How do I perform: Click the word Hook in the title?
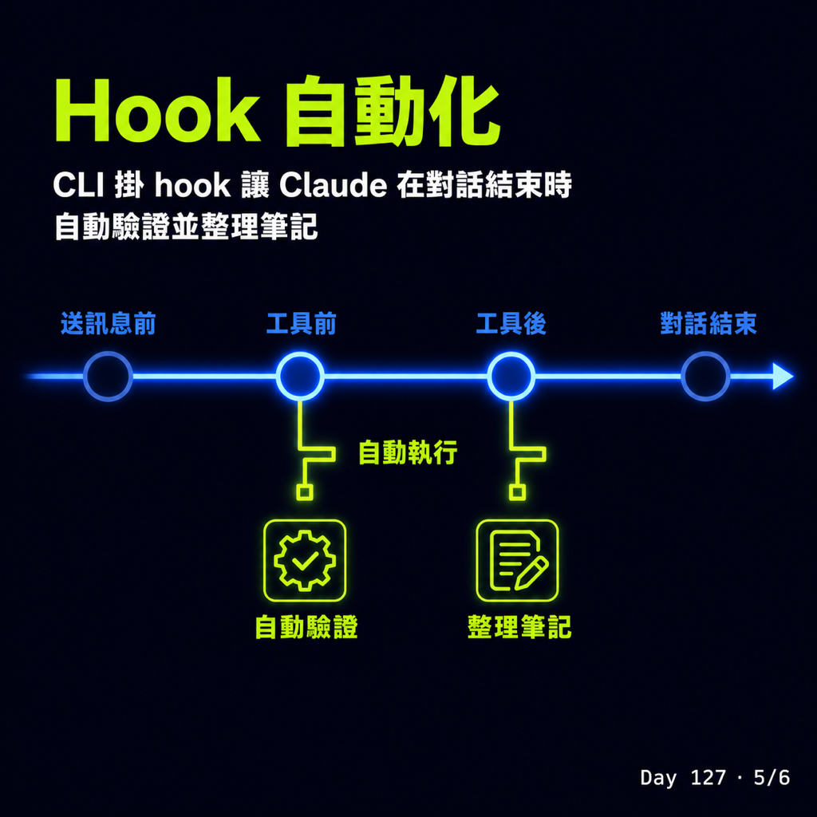point(157,111)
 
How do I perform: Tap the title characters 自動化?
point(393,110)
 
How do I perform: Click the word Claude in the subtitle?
point(333,184)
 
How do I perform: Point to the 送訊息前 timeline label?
point(109,324)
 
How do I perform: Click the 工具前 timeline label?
point(301,324)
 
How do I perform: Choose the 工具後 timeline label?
point(511,324)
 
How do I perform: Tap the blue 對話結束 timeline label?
point(708,324)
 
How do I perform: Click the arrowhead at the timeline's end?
point(782,377)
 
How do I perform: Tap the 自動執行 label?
point(408,452)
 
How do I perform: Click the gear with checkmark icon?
point(305,561)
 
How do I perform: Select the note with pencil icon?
point(517,561)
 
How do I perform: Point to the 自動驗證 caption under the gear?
point(306,627)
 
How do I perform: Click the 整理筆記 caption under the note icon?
point(519,627)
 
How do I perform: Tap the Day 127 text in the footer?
point(683,778)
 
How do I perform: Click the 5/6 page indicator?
point(772,778)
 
